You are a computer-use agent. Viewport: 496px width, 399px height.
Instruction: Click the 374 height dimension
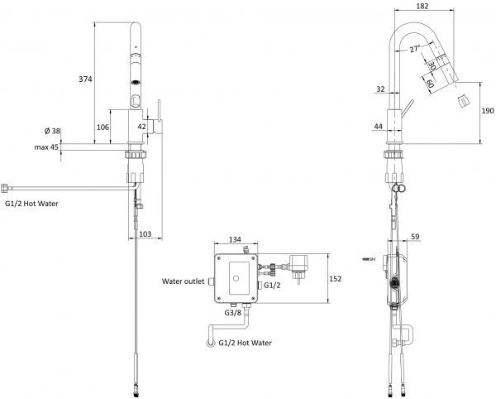[85, 79]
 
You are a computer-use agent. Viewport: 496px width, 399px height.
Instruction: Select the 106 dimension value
[103, 127]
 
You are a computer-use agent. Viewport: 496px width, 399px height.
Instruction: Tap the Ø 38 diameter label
[52, 131]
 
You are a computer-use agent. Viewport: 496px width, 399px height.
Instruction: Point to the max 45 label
[46, 147]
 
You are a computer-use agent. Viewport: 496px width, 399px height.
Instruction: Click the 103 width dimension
[145, 234]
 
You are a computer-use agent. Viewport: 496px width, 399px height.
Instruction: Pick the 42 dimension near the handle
[142, 127]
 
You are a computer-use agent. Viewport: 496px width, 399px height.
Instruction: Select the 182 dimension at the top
[422, 6]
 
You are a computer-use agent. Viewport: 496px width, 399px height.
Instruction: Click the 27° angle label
[415, 49]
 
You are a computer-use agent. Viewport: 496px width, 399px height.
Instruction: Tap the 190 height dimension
[488, 111]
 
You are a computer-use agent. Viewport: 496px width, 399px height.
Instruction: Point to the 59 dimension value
[415, 237]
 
